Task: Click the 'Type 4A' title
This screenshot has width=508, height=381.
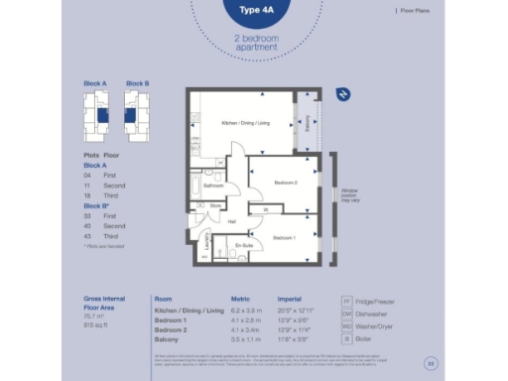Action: click(x=253, y=12)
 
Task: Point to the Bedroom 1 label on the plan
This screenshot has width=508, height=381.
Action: click(x=285, y=238)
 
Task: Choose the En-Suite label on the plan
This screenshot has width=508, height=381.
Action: click(x=243, y=244)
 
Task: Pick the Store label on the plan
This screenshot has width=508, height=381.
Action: click(x=214, y=205)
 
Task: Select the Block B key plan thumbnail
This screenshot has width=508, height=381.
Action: click(x=137, y=114)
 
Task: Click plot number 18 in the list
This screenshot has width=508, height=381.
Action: click(x=87, y=196)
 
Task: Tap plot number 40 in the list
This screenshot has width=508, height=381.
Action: click(x=87, y=226)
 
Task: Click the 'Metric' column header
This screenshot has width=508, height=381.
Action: click(x=241, y=299)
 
